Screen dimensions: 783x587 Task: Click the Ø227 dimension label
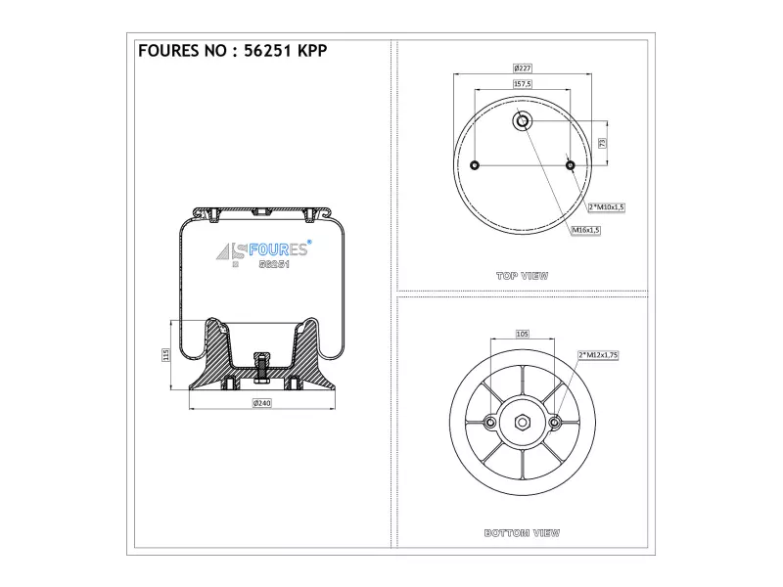pyautogui.click(x=523, y=68)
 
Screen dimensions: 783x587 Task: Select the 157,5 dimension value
pyautogui.click(x=523, y=84)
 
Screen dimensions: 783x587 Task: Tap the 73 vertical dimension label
pyautogui.click(x=602, y=143)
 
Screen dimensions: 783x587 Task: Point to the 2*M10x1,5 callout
pyautogui.click(x=606, y=207)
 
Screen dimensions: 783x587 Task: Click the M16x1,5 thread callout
pyautogui.click(x=585, y=230)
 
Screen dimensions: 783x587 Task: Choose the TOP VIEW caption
pyautogui.click(x=523, y=276)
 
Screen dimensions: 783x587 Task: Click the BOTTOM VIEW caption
pyautogui.click(x=522, y=533)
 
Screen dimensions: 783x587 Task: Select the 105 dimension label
pyautogui.click(x=523, y=334)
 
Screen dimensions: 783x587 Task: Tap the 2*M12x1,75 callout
pyautogui.click(x=598, y=355)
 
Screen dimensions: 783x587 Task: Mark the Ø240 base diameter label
pyautogui.click(x=261, y=403)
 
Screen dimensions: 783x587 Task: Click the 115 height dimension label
pyautogui.click(x=165, y=355)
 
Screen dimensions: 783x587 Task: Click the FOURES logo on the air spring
pyautogui.click(x=264, y=249)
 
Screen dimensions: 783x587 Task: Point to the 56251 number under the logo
pyautogui.click(x=274, y=264)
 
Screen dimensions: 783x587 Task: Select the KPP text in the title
pyautogui.click(x=312, y=51)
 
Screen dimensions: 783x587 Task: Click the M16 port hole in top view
pyautogui.click(x=523, y=120)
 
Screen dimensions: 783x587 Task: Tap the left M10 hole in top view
pyautogui.click(x=475, y=165)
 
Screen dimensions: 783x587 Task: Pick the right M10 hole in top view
pyautogui.click(x=571, y=165)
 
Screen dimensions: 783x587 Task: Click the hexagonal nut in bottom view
pyautogui.click(x=523, y=423)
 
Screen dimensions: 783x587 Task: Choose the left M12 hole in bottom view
pyautogui.click(x=490, y=424)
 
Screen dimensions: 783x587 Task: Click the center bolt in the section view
pyautogui.click(x=262, y=368)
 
